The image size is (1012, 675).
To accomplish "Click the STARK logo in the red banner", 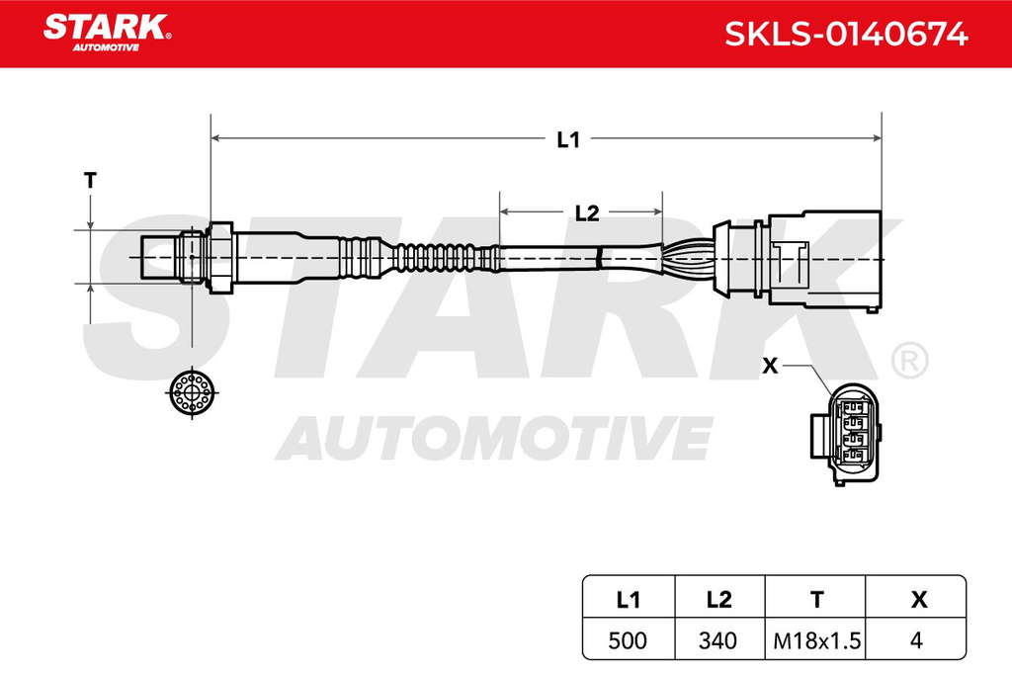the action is pos(107,33).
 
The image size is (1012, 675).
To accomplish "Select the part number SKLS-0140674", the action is pos(846,34).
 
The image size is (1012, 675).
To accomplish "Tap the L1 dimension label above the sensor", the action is pos(568,139).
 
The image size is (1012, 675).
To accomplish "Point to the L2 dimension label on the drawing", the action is pos(587,212).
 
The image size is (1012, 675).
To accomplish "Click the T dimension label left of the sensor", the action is pos(90,180).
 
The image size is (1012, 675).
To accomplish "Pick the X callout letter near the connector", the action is pos(770,366).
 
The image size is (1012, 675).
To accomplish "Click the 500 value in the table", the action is pos(628,640).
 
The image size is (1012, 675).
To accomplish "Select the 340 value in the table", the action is pos(717,640).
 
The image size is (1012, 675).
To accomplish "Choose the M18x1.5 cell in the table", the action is pos(816,640).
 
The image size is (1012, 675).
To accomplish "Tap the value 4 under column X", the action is pos(916,640).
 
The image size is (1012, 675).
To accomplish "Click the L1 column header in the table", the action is pos(628,600).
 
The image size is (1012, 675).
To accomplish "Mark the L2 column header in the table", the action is pos(719,600).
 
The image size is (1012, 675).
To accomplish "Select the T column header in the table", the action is pos(817,600).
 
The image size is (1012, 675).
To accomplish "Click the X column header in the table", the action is pos(919,600).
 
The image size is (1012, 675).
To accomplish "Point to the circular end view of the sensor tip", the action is pos(192,391).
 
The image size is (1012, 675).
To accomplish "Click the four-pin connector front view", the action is pos(845,434).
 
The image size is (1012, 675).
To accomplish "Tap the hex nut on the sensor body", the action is pos(220,258).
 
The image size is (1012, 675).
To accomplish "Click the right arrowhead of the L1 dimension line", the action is pos(878,138).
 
